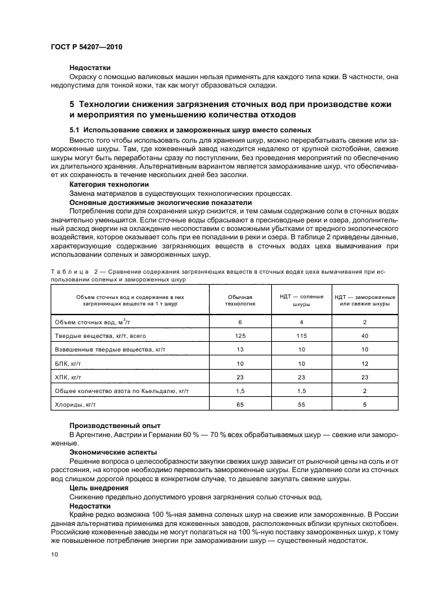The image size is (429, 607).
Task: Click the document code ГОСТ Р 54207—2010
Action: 87,48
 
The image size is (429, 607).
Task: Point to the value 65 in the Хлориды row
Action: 239,405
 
